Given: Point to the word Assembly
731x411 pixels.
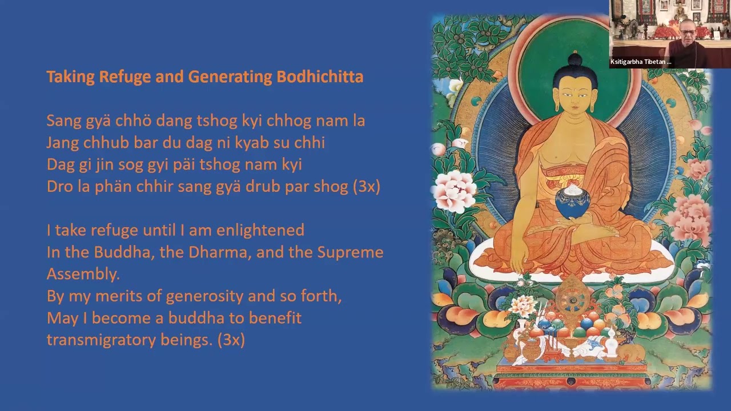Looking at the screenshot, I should point(83,274).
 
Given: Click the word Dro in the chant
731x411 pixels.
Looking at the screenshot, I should point(58,187).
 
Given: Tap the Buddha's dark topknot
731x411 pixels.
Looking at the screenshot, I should point(575,61).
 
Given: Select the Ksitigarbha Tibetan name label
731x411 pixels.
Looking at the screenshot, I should point(641,62).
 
